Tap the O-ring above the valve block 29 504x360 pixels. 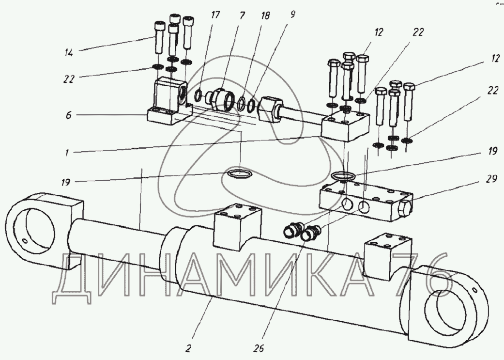[344, 174]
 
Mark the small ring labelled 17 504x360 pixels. [198, 96]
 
